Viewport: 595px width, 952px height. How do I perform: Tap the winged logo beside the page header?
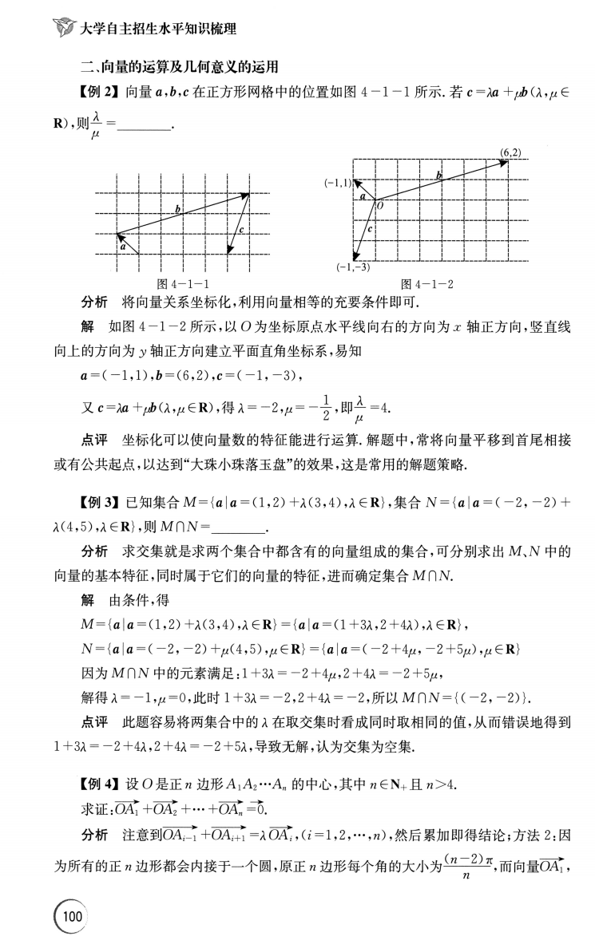point(61,30)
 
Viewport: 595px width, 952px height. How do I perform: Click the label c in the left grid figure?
point(241,231)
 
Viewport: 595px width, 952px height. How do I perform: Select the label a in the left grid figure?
point(123,247)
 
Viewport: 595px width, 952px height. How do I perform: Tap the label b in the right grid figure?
point(438,174)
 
